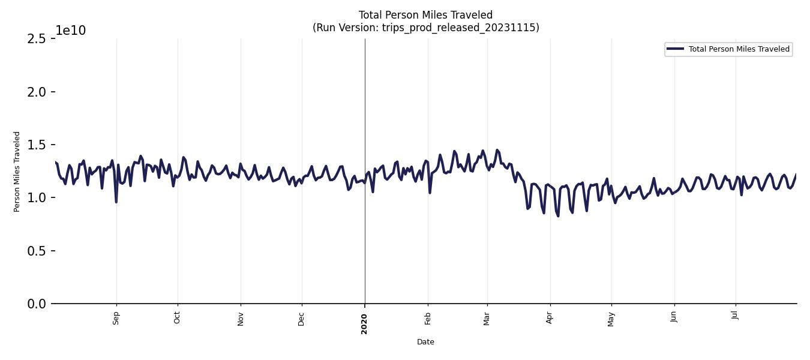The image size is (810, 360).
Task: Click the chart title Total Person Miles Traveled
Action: coord(425,15)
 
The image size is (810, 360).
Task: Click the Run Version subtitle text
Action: coord(425,28)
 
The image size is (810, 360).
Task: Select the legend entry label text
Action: coord(739,49)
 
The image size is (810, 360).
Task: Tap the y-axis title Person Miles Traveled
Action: coord(17,172)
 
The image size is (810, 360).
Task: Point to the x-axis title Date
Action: coord(425,342)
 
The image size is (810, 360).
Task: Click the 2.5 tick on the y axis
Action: coord(37,39)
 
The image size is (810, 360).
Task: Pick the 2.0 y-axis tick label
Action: coord(37,92)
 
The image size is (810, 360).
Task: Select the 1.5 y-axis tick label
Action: coord(37,145)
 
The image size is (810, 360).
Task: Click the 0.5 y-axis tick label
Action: coord(37,251)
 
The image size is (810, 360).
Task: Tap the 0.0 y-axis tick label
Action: coord(37,304)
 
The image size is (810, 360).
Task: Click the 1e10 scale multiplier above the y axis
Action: coord(71,31)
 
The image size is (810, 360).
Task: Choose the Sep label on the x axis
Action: coord(116,318)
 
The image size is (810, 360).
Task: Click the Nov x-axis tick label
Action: coord(241,319)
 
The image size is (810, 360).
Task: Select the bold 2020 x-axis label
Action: coord(364,323)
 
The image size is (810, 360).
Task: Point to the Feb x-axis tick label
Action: coord(428,318)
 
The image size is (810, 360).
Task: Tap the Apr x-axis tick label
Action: coord(550,318)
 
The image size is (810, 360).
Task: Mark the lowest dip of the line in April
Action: coord(558,216)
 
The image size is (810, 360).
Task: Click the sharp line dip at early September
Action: coord(116,202)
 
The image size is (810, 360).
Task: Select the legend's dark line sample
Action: coord(676,49)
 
